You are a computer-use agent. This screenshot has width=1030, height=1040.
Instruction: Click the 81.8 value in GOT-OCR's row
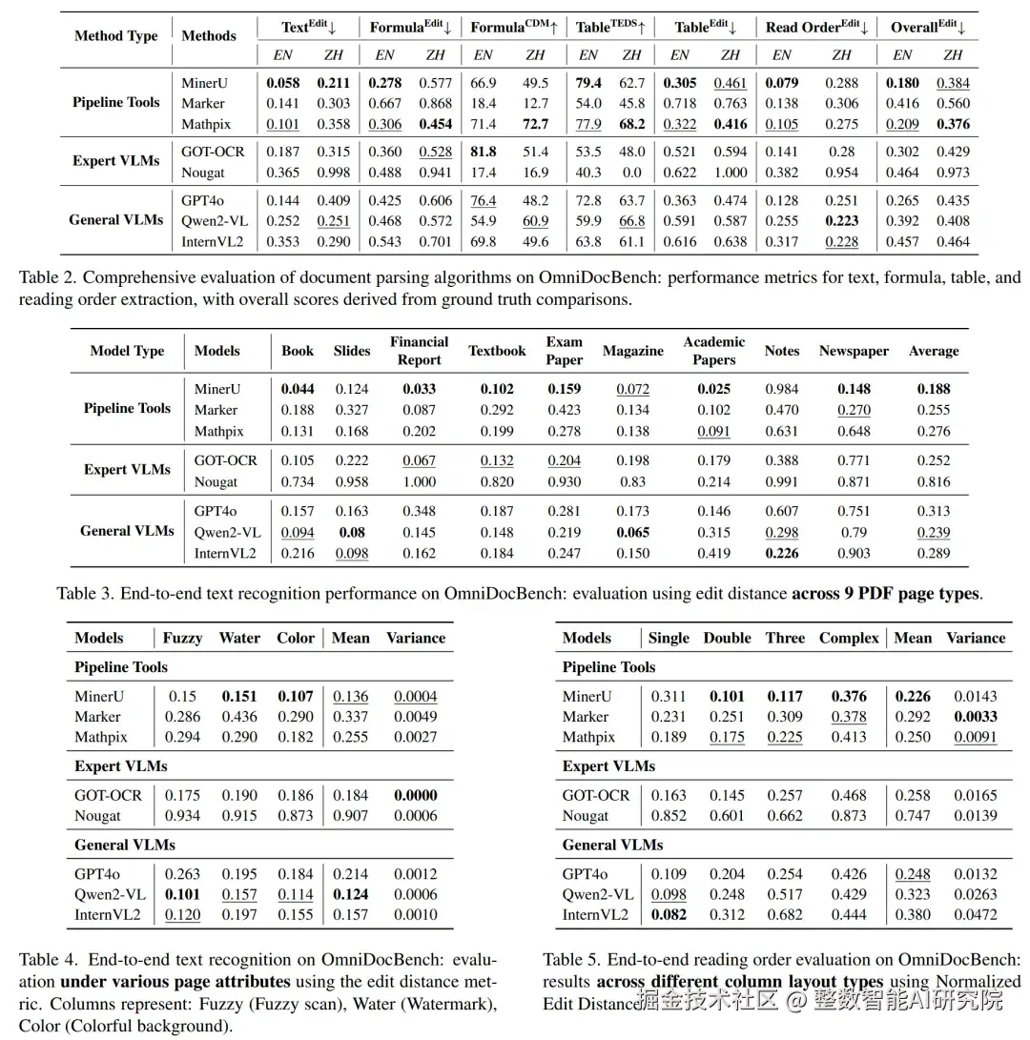484,152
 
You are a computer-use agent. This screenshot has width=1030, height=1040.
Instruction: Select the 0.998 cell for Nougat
334,173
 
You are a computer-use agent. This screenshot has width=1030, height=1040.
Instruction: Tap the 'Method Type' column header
116,35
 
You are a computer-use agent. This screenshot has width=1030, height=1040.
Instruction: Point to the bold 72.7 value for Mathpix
536,124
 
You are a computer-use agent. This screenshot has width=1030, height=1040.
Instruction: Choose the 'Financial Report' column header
419,351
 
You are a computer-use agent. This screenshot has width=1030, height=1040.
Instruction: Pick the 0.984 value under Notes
782,389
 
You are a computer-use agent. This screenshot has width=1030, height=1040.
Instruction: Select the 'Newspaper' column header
854,351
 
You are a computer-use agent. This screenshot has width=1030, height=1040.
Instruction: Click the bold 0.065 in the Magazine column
632,532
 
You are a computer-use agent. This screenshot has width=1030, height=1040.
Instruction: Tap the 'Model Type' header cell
127,351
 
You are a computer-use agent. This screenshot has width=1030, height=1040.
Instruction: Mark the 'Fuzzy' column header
182,638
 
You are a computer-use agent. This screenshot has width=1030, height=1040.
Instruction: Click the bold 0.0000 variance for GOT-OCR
416,795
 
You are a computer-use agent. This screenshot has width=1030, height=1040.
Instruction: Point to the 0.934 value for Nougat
182,815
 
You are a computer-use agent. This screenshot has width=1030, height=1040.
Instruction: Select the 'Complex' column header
849,638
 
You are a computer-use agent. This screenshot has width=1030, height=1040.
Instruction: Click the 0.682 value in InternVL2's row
785,914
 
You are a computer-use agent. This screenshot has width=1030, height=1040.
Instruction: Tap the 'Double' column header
727,638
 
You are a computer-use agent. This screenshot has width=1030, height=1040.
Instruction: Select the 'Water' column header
239,638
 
